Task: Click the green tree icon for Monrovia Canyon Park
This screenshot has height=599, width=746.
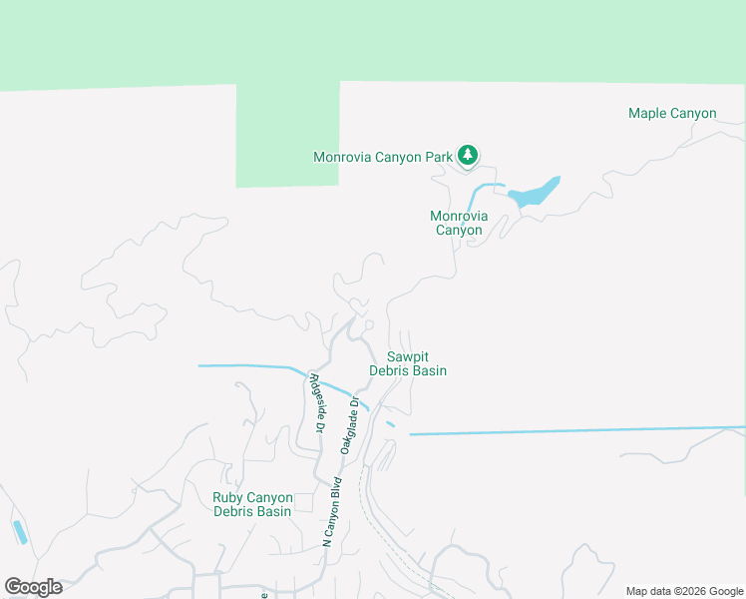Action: pos(468,155)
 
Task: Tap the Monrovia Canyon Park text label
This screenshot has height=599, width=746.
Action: pos(382,157)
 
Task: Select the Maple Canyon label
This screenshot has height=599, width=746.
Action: pos(671,113)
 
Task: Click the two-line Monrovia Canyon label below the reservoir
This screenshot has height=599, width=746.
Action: pos(459,223)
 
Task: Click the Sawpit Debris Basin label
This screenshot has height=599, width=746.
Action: pos(408,363)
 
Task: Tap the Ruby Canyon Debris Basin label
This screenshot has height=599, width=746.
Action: pos(252,504)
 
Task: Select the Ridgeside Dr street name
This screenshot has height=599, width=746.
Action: pos(317,402)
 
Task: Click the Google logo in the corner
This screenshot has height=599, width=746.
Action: pos(33,586)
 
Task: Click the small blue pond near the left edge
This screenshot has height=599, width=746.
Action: pos(20,531)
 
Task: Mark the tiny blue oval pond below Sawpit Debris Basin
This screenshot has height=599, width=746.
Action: pos(390,424)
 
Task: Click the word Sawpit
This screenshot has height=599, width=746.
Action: pos(408,356)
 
